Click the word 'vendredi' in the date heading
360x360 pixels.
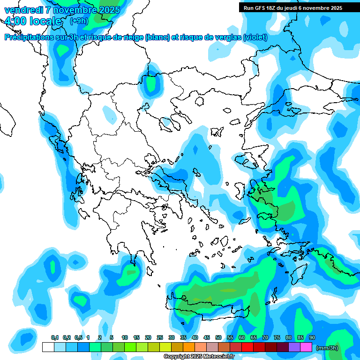[x=22, y=9]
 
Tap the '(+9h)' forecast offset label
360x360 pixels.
[x=78, y=21]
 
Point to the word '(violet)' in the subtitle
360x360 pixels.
[x=255, y=37]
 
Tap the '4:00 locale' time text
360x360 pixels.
[x=33, y=21]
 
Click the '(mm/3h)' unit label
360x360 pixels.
[x=327, y=347]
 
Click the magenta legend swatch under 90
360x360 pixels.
[x=306, y=347]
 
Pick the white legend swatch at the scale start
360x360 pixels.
[x=48, y=347]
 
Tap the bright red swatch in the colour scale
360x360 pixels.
[x=247, y=347]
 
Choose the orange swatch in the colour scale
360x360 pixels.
[x=189, y=347]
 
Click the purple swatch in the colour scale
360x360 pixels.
[x=294, y=347]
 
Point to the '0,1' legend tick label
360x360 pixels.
[x=54, y=338]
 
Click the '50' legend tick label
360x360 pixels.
[x=218, y=338]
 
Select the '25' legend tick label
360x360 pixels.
[x=160, y=338]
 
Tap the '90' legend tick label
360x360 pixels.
[x=312, y=338]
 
